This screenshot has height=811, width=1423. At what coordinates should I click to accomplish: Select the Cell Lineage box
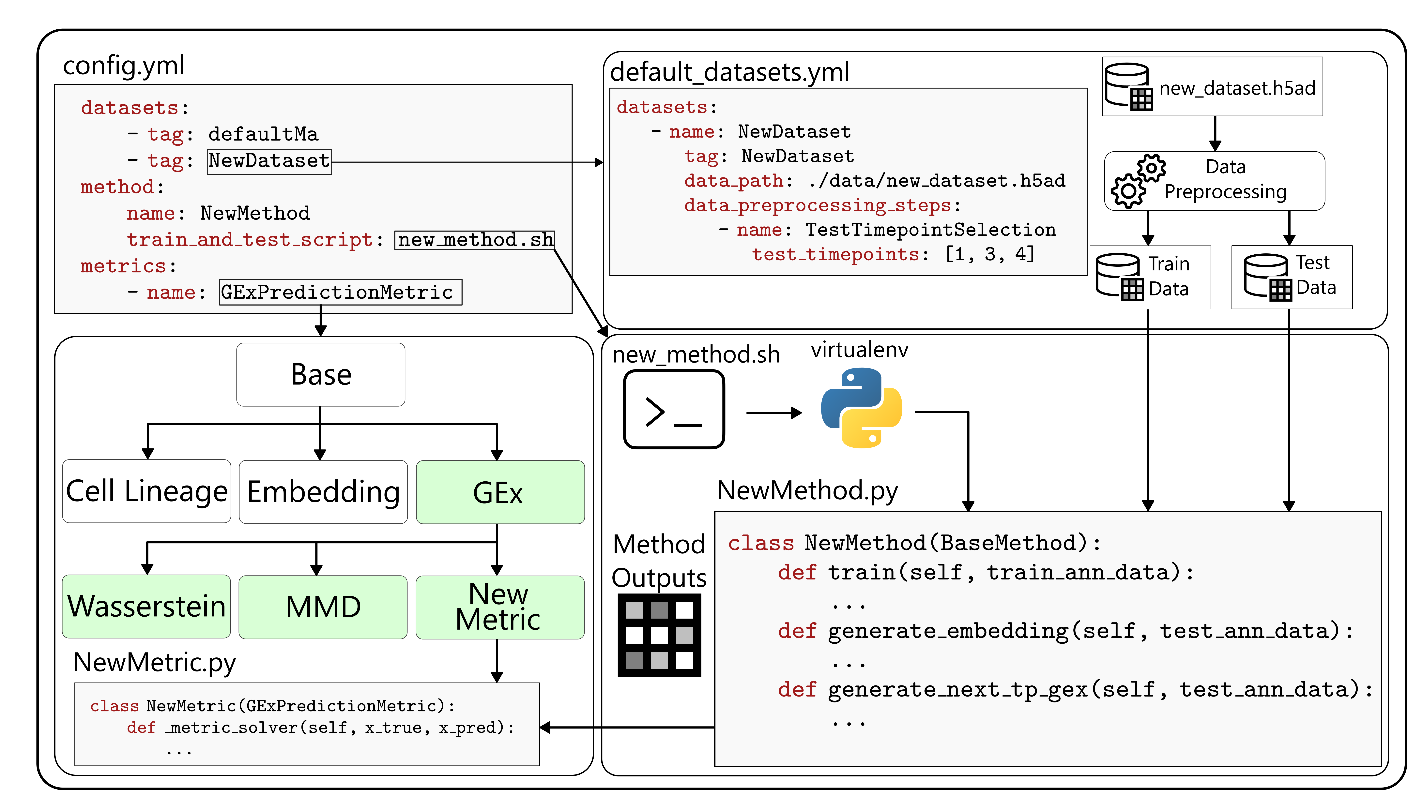[146, 491]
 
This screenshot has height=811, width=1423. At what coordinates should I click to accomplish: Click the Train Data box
[1150, 277]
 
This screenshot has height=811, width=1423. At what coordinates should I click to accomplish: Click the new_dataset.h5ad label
[1237, 88]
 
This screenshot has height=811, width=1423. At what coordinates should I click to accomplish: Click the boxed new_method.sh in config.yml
[475, 240]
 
